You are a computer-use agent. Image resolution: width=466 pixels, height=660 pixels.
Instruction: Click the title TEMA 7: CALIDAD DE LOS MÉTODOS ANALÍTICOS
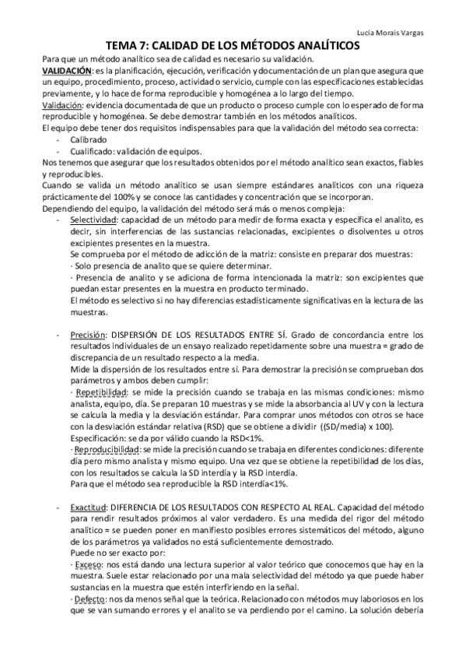coord(232,46)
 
